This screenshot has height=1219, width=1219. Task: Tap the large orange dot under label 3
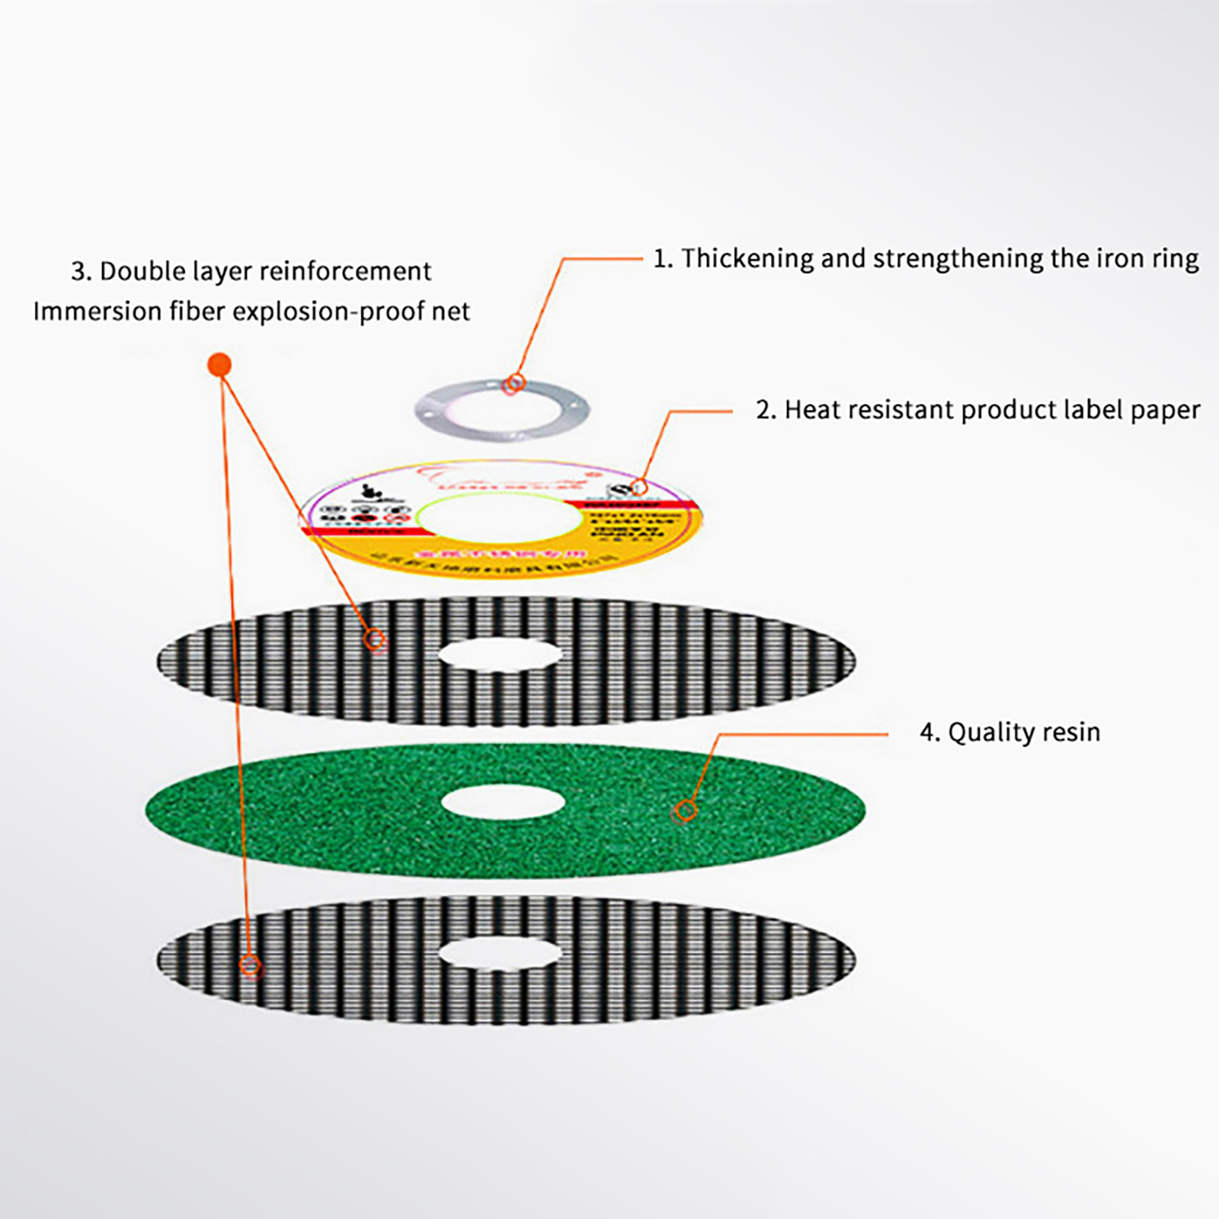click(x=219, y=364)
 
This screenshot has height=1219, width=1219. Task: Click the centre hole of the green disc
click(x=503, y=803)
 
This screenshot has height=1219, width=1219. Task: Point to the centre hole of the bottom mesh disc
click(x=500, y=953)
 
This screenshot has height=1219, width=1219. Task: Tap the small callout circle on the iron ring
click(x=514, y=384)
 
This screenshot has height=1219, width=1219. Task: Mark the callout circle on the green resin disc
click(x=686, y=811)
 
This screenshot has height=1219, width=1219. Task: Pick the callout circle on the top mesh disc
click(x=374, y=638)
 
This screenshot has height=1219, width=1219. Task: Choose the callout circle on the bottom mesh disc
click(x=250, y=966)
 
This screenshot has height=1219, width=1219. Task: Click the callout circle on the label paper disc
click(x=639, y=486)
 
